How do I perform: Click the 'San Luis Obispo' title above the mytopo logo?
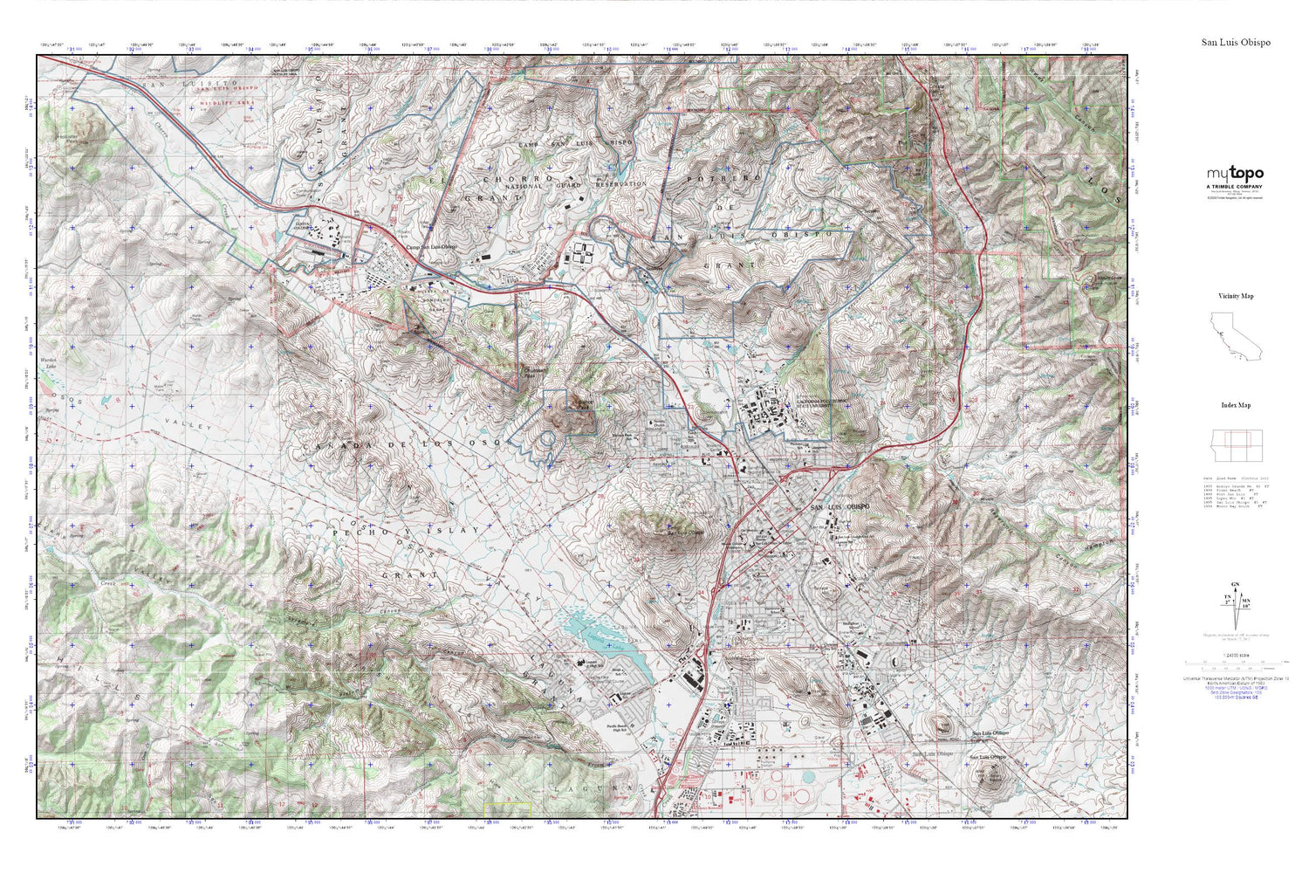point(1236,42)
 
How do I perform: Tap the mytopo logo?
point(1235,174)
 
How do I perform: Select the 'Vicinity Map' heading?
point(1236,296)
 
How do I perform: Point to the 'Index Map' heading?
point(1236,405)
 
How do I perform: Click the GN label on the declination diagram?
point(1235,585)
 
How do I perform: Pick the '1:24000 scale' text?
point(1234,668)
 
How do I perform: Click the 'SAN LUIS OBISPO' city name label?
point(840,507)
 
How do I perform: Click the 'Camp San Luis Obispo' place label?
point(432,248)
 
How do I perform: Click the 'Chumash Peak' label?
point(534,370)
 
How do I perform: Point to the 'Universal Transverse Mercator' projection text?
point(1235,678)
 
